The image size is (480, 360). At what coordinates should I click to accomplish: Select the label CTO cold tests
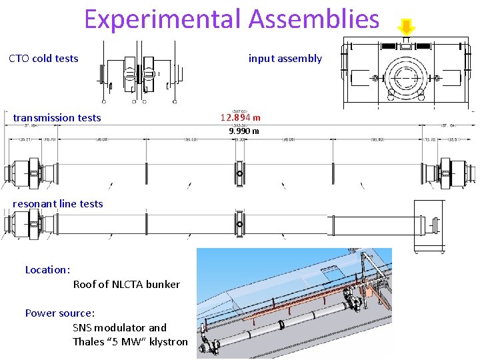click(43, 59)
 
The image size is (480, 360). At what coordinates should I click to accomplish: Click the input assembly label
click(285, 59)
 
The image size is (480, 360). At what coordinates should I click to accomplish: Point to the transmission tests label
click(57, 118)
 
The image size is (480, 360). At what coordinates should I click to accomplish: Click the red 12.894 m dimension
click(240, 118)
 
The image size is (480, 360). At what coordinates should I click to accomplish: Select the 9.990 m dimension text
click(243, 131)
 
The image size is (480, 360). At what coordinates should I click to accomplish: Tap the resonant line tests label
click(58, 204)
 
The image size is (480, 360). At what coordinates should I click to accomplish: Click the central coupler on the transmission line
click(240, 174)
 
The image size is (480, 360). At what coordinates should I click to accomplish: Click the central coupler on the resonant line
click(240, 221)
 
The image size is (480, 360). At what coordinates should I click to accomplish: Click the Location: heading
click(47, 270)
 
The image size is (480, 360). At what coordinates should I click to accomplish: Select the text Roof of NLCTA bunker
click(126, 285)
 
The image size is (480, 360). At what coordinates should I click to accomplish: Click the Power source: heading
click(60, 313)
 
